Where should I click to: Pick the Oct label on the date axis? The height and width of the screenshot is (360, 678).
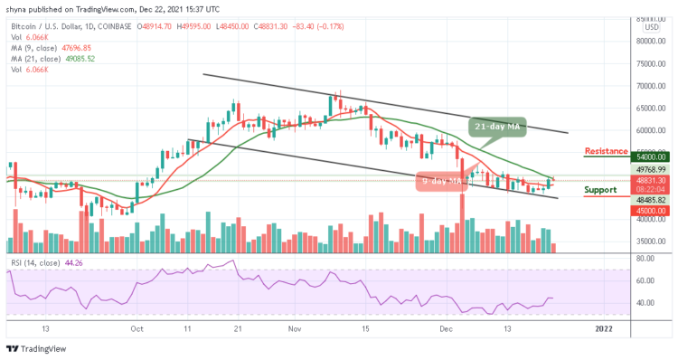coord(137,329)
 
